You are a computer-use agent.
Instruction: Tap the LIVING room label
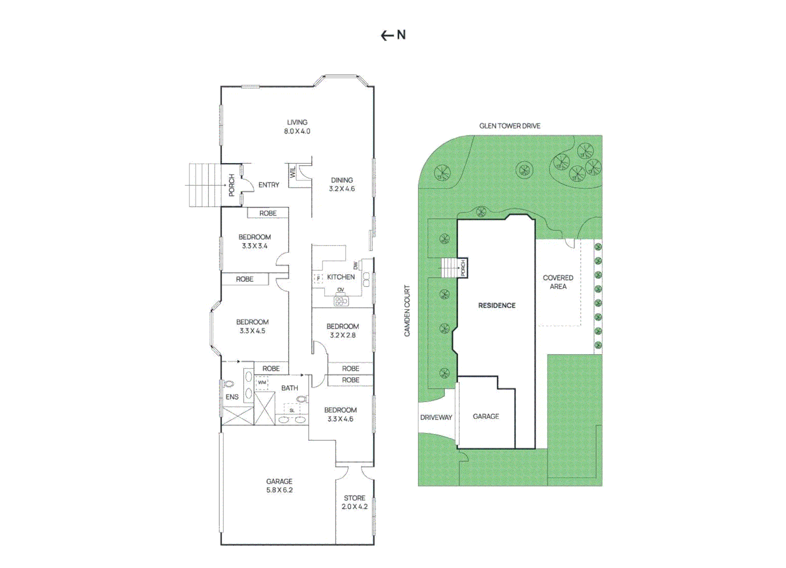click(x=297, y=127)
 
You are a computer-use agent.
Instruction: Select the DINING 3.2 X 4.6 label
click(x=342, y=185)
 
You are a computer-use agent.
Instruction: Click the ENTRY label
click(x=269, y=185)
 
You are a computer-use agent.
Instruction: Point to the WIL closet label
click(x=293, y=171)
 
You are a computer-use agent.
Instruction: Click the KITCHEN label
click(x=341, y=277)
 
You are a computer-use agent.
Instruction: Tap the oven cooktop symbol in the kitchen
click(x=341, y=301)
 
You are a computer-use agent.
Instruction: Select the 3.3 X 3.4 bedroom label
click(x=255, y=241)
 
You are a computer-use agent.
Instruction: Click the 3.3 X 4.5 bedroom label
click(x=253, y=327)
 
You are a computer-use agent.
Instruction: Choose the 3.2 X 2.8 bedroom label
click(x=342, y=331)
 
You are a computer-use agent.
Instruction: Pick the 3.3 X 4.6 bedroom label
click(x=340, y=414)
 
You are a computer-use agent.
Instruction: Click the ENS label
click(x=232, y=397)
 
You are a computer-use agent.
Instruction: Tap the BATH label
click(x=289, y=388)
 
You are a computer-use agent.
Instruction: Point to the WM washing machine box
click(x=262, y=383)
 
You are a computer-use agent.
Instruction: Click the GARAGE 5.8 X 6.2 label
click(x=279, y=485)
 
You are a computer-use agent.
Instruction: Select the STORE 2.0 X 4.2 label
click(x=355, y=502)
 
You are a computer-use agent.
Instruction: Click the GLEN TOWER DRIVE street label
click(x=510, y=126)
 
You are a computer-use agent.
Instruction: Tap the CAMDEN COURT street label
click(x=407, y=311)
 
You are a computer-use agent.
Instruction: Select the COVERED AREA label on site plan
click(x=558, y=282)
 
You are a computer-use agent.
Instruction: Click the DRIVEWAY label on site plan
click(x=436, y=418)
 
